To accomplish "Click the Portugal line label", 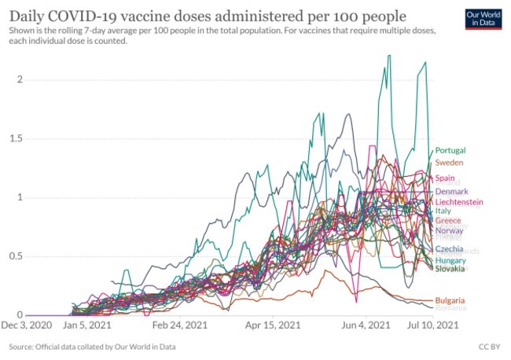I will click(x=450, y=150).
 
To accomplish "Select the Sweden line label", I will click(x=449, y=163).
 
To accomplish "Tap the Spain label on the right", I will click(x=446, y=178).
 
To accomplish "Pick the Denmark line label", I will click(x=451, y=192).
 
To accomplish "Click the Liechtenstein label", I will click(x=459, y=202).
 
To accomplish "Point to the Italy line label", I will click(x=443, y=211).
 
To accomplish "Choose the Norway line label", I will click(x=449, y=231).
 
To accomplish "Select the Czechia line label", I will click(x=450, y=249).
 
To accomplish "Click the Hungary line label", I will click(x=451, y=260).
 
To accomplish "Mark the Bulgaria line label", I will click(x=450, y=300).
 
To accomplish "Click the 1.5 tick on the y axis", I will click(x=16, y=138).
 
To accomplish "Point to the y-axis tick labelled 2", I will click(x=20, y=79).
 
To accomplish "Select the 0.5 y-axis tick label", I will click(x=16, y=256).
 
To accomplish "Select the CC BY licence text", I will click(x=489, y=346).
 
